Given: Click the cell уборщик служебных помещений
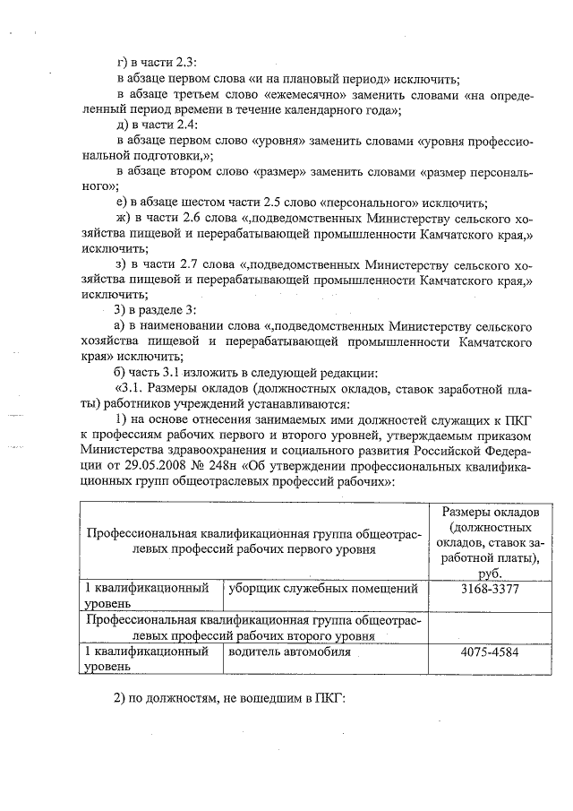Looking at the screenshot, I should tap(324, 590).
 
